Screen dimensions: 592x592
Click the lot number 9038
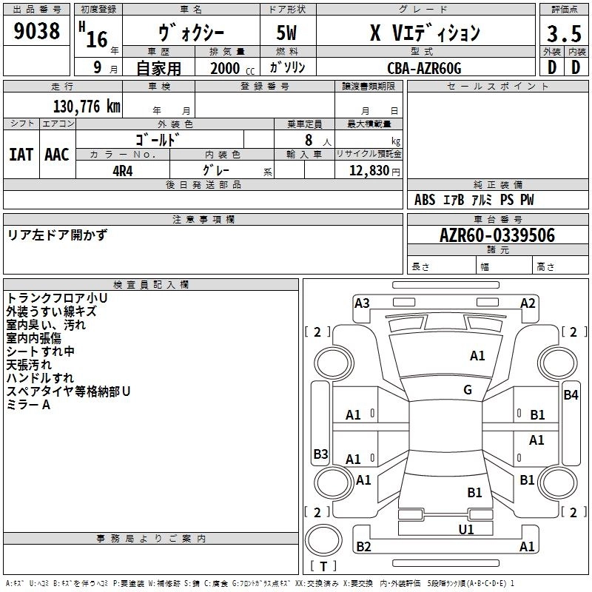click(37, 31)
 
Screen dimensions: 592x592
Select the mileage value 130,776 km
click(87, 107)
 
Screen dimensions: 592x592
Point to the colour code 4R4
click(122, 169)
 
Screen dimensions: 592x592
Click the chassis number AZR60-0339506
click(497, 235)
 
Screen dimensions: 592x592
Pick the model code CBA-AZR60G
click(424, 68)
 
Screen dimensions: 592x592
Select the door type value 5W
click(287, 33)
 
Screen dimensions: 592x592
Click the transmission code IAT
click(21, 155)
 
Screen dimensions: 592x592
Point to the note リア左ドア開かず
click(57, 235)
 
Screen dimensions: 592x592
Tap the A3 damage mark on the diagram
click(362, 303)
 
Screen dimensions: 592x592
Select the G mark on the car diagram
click(467, 390)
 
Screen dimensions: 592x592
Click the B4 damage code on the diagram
click(571, 395)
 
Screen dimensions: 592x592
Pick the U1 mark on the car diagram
click(466, 529)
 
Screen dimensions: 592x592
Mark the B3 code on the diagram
click(320, 454)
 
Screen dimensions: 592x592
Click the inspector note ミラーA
click(28, 405)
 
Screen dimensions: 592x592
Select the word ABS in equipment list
click(425, 200)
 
